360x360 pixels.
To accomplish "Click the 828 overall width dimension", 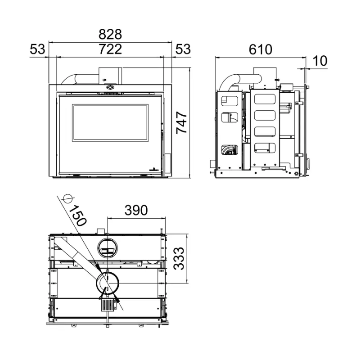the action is click(110, 35).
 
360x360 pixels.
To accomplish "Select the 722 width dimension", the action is click(110, 49).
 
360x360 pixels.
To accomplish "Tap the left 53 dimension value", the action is click(37, 49).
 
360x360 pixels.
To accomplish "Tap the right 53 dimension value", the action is click(183, 49).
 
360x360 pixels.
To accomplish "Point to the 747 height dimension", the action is click(182, 122).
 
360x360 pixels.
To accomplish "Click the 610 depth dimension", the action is click(261, 49).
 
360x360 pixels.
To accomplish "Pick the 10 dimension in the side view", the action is click(320, 61).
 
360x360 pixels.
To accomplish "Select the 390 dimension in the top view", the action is click(136, 210).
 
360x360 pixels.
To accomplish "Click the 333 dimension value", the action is click(179, 258).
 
